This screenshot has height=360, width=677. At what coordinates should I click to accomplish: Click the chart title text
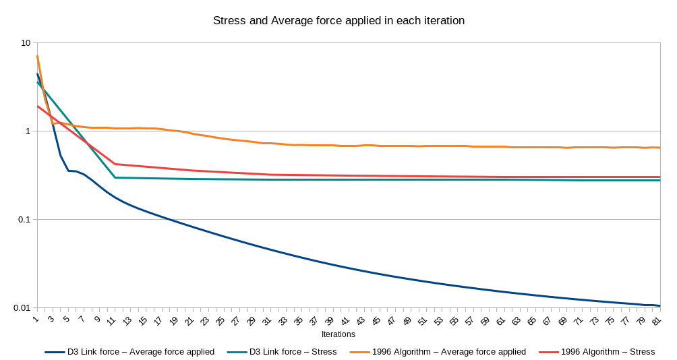pos(338,20)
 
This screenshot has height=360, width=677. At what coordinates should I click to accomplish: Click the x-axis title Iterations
pos(338,334)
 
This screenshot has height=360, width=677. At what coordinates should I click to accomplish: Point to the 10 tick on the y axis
pos(26,42)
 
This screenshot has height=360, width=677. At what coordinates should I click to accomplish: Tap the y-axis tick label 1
pos(28,131)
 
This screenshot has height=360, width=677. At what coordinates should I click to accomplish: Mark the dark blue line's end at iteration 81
pos(659,305)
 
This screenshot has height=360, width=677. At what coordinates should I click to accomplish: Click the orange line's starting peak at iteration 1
pos(37,56)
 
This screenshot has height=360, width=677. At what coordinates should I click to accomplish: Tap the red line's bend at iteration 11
pos(115,164)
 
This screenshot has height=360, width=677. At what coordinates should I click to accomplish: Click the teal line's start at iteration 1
pos(37,82)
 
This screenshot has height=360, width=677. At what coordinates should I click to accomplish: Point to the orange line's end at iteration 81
pos(659,148)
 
